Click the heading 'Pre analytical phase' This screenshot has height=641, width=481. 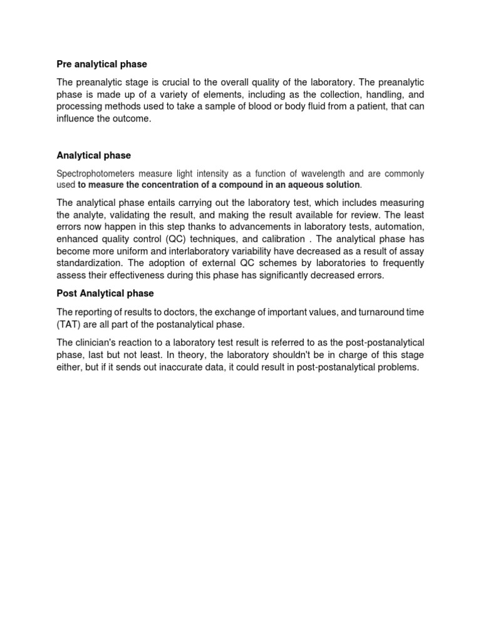[101, 64]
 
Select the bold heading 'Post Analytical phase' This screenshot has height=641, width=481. [105, 293]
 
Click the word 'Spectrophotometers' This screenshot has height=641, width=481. [95, 173]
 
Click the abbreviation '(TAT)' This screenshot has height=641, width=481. [70, 324]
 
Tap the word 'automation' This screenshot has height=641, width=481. [400, 226]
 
